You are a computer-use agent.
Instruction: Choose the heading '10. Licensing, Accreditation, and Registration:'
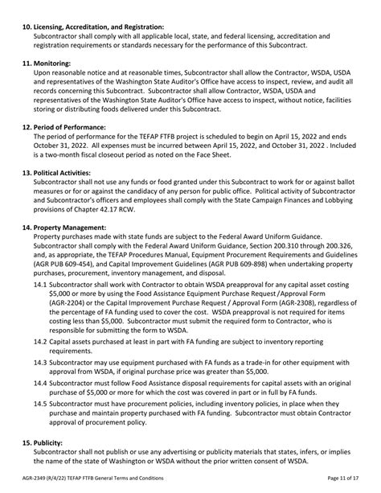[x=105, y=27]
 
